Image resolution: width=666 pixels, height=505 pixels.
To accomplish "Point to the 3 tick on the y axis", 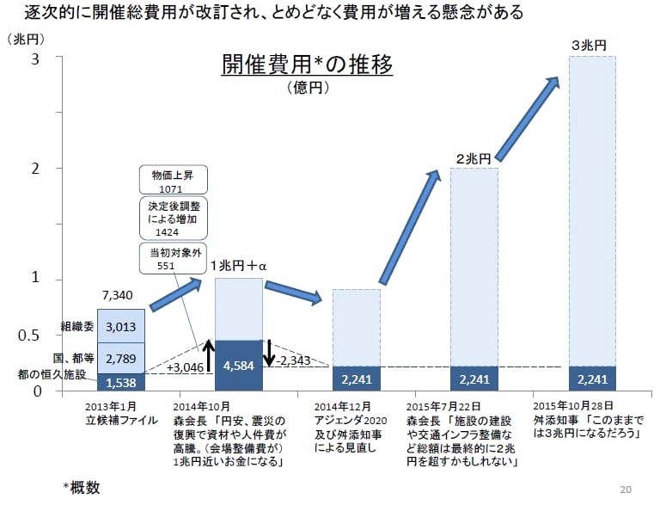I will point(35,58).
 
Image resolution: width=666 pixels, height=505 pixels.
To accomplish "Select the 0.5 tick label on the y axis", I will point(29,336).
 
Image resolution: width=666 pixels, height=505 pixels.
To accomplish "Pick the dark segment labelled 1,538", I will point(120,381).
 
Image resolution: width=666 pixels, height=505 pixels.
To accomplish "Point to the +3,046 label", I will point(185,367).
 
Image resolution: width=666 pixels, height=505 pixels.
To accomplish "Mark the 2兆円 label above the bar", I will point(473,159).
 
